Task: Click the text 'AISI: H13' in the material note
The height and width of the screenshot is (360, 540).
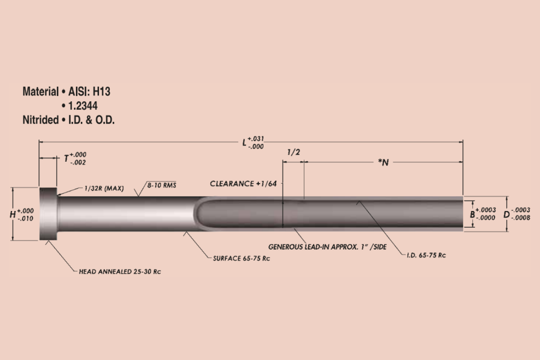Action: [x=90, y=92]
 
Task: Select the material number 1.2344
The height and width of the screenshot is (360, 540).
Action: [x=83, y=106]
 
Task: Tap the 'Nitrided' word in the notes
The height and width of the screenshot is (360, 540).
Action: [x=40, y=120]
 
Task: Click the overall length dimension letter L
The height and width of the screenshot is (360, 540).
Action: [x=244, y=143]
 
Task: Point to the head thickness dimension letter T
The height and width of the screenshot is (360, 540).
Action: [x=66, y=158]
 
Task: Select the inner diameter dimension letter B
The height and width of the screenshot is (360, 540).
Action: [x=472, y=214]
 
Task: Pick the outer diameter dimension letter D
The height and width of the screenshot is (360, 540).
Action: [x=506, y=215]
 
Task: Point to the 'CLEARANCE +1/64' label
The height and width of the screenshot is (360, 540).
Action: [x=243, y=184]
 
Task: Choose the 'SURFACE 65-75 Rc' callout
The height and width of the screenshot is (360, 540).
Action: [x=241, y=258]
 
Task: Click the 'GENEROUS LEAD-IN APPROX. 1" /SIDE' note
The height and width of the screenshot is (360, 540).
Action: [x=327, y=247]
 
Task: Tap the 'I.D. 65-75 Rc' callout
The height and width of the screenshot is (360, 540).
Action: [x=426, y=255]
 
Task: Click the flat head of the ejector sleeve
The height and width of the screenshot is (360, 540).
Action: [x=49, y=214]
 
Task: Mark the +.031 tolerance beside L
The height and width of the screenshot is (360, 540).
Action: [x=256, y=139]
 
